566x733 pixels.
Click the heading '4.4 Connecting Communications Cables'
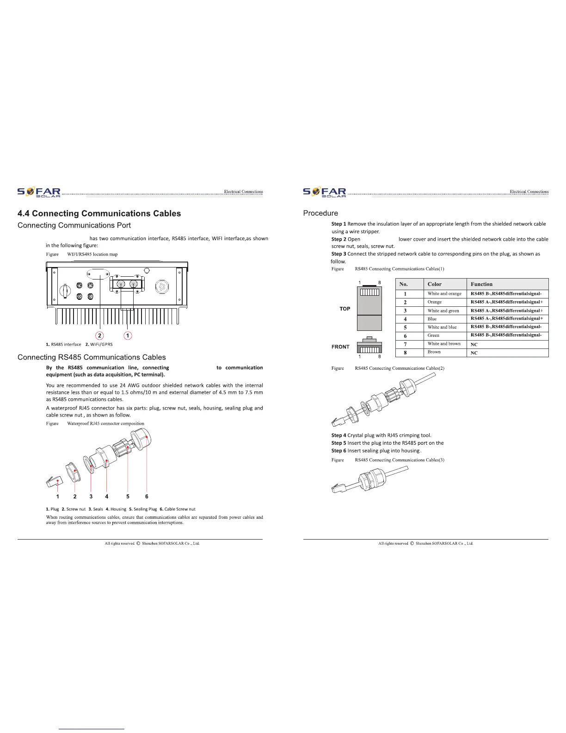point(99,214)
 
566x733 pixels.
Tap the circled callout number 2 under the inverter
point(99,335)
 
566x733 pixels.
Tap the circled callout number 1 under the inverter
point(128,335)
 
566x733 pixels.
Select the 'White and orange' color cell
point(444,294)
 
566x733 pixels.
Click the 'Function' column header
point(481,284)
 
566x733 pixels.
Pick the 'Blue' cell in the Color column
point(432,319)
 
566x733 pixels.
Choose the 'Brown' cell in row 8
point(434,352)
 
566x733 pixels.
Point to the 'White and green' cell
point(443,311)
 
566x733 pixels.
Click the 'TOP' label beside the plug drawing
point(345,309)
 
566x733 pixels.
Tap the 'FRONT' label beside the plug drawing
point(340,347)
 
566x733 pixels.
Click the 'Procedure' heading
point(320,213)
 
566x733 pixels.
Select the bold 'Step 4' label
point(338,435)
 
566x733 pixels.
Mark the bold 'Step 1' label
point(338,224)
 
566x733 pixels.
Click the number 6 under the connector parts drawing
point(147,497)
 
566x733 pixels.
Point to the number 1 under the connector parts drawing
point(58,497)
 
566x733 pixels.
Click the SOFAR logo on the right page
point(324,193)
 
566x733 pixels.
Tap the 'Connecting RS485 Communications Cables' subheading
point(92,357)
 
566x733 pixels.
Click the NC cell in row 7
point(474,345)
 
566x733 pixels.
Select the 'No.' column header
point(404,284)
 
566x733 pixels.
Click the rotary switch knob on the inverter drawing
point(65,291)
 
